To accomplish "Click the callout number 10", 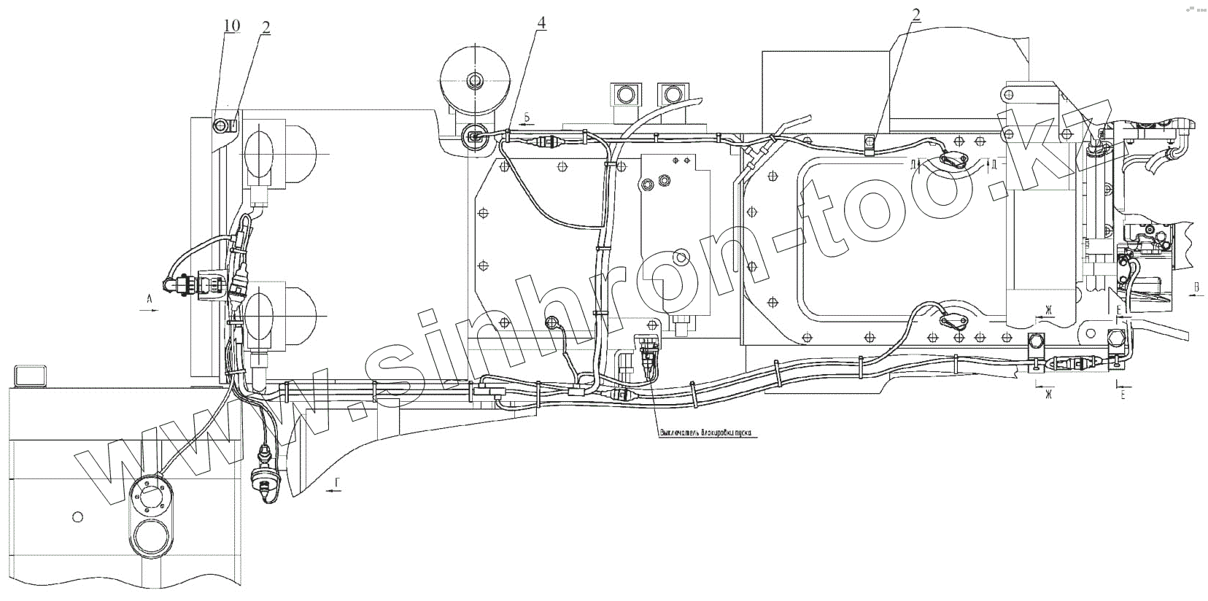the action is coord(231,26).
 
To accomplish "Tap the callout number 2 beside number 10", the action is coord(266,28).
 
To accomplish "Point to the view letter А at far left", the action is coord(148,298).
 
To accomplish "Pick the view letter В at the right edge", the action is coord(1196,287).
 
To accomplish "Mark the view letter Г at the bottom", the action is coord(336,483).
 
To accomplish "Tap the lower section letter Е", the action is coord(1123,395).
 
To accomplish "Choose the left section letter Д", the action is coord(913,164).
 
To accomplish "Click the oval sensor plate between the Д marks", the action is coord(953,162).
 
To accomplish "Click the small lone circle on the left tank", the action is coord(78,517).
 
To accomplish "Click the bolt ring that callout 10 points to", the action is coord(221,126).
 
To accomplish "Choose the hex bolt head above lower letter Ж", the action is coord(1035,341).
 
